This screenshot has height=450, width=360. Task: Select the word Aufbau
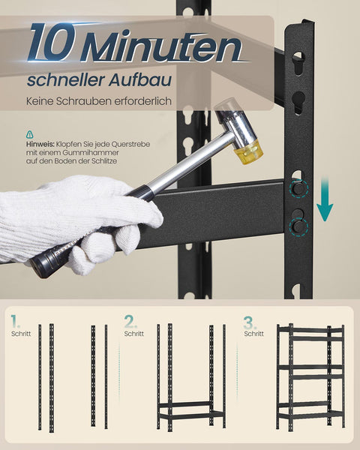(x=140, y=79)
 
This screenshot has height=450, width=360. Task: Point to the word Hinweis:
(x=40, y=144)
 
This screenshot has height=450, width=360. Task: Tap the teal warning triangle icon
(x=29, y=134)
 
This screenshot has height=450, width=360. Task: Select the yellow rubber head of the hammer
(x=248, y=151)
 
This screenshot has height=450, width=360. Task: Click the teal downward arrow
(x=325, y=199)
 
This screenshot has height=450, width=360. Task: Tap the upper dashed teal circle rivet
(x=298, y=188)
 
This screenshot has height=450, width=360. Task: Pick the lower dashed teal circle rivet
(x=298, y=227)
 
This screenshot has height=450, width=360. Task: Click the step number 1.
(x=15, y=322)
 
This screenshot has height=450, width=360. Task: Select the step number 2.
(x=131, y=322)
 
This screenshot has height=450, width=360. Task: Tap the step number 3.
(x=250, y=322)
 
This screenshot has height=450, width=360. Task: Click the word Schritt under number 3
(x=254, y=334)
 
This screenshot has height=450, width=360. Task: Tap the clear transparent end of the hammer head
(x=226, y=106)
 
